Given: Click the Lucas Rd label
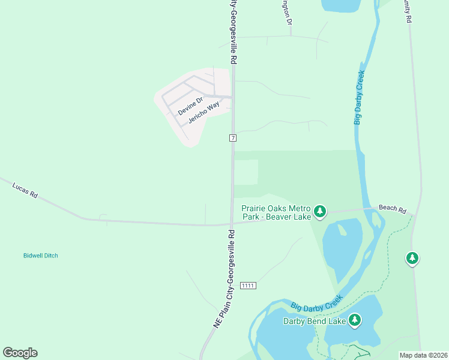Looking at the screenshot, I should point(25,191).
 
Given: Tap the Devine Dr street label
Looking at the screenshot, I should point(191,103).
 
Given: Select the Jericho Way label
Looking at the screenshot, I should point(203,112).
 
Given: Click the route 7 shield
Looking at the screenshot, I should point(233,138).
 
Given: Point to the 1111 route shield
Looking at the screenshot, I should point(248,286).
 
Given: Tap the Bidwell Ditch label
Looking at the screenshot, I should point(41,256).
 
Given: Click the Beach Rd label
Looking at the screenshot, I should point(393,208).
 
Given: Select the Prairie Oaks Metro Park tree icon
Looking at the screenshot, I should point(320,211).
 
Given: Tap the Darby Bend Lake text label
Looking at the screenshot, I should point(315,321).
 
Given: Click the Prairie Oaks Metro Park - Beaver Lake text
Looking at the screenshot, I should point(276,212).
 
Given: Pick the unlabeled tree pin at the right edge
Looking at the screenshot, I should point(412,258).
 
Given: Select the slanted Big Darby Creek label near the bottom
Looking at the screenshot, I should point(317,302).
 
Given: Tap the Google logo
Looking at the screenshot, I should point(20,352).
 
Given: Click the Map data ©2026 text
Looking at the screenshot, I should point(424,355).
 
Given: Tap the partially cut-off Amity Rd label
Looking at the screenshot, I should point(408,11).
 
